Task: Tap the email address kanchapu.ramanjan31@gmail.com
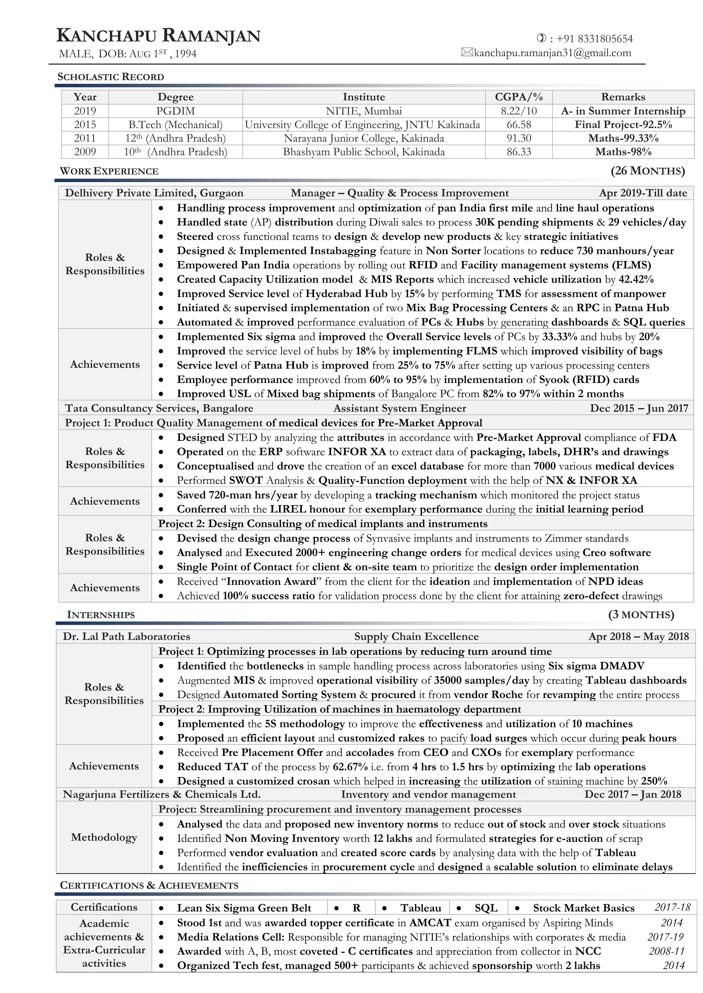coord(552,53)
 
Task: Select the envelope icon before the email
coord(467,53)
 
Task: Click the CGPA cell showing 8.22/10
coord(519,111)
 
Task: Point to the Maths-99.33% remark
coord(623,139)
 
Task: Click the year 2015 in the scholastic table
coord(85,124)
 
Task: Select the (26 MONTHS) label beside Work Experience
coord(648,170)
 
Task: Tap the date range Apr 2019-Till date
coord(643,193)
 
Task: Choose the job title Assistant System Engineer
coord(400,408)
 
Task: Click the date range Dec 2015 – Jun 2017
coord(638,408)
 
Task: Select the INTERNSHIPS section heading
coord(101,614)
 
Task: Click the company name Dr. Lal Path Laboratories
coord(126,636)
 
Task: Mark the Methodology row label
coord(104,837)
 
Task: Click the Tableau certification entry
coord(420,908)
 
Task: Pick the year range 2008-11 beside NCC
coord(667,951)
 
